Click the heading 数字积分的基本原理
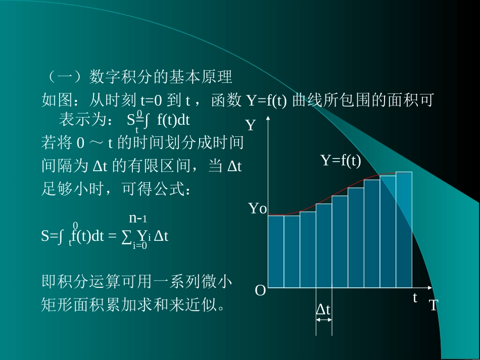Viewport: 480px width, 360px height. [x=160, y=77]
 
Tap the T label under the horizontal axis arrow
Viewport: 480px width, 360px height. [x=434, y=305]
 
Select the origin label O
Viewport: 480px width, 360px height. [x=260, y=291]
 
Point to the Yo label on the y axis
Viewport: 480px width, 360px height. [x=257, y=209]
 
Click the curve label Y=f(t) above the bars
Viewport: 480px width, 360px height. [x=341, y=161]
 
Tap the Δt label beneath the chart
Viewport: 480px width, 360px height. [x=323, y=310]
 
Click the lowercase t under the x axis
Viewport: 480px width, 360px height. [x=415, y=297]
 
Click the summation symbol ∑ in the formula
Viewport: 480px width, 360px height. [x=127, y=236]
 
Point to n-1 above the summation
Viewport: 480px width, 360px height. [x=137, y=218]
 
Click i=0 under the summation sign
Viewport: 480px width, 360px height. [x=139, y=246]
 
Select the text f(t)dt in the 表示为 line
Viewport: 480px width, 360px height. [x=173, y=120]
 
